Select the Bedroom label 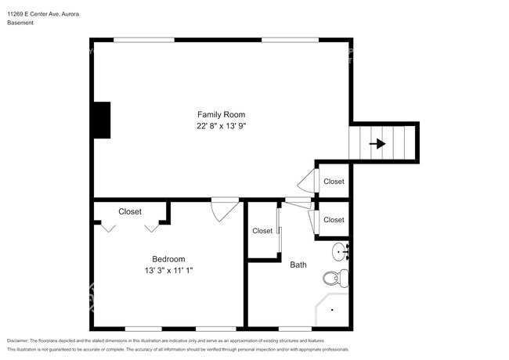pos(168,259)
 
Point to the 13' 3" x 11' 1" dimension pos(168,270)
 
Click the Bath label pos(298,265)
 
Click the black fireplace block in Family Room pos(101,119)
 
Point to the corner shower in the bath pos(330,311)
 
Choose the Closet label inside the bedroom pos(130,211)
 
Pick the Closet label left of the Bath pos(262,231)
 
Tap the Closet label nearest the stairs pos(334,182)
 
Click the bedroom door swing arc pos(224,209)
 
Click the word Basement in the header pos(20,23)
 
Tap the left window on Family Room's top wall pos(143,40)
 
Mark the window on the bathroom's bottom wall pos(295,327)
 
